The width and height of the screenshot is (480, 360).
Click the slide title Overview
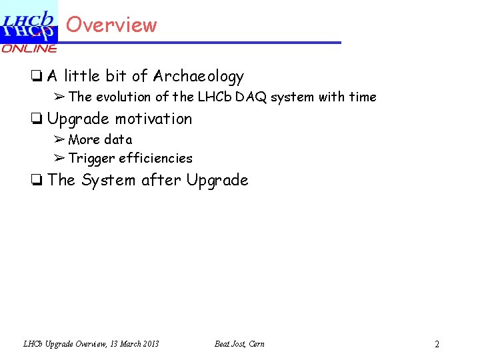point(111,25)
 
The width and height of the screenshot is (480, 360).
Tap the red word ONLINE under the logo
point(29,49)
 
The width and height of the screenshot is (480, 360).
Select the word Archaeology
point(198,77)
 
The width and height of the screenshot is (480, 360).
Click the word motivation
point(153,119)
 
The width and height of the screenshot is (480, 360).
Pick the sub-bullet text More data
point(100,139)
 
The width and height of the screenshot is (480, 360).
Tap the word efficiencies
point(155,159)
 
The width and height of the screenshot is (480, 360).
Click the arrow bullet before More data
point(59,139)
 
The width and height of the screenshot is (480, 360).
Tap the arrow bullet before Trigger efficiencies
point(59,158)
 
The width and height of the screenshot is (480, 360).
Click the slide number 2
point(437,345)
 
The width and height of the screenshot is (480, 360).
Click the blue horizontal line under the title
point(200,43)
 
